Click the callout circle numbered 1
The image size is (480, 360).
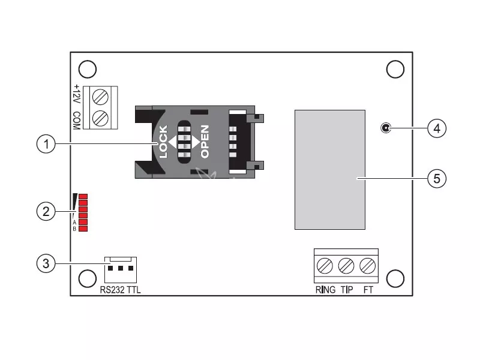pos(46,144)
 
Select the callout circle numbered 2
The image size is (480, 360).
pos(46,211)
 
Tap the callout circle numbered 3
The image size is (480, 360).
pos(46,263)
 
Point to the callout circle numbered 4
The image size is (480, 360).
pos(437,128)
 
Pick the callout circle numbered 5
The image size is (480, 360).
pos(437,178)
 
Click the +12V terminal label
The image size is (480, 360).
pos(77,95)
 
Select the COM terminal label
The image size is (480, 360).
pos(77,121)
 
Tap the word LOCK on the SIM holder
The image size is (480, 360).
pos(163,142)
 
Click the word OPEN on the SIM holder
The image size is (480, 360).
pos(205,142)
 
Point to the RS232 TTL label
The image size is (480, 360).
pos(121,290)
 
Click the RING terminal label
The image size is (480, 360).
pos(325,290)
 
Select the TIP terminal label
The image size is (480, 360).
pos(347,290)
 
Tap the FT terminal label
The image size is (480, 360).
pos(368,290)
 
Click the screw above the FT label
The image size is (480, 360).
pos(368,266)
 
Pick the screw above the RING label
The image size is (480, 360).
pos(325,266)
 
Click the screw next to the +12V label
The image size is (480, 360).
pos(100,97)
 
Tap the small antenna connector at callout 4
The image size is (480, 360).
pos(386,128)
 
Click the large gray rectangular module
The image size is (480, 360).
pos(330,170)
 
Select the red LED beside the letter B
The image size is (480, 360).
pos(83,229)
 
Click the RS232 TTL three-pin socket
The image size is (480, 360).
pos(121,269)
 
